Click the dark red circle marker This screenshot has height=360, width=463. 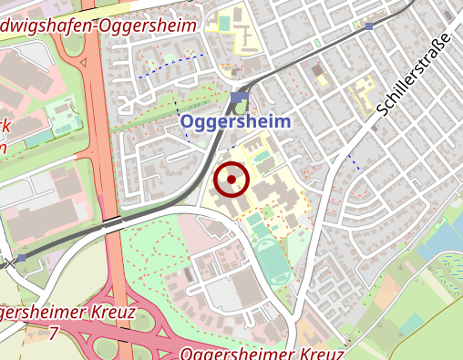pyautogui.click(x=231, y=180)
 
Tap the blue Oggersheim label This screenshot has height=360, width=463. pyautogui.click(x=235, y=121)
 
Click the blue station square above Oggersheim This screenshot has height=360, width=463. pyautogui.click(x=239, y=98)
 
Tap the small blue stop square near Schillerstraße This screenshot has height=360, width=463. pyautogui.click(x=368, y=27)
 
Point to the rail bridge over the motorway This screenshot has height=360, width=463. pyautogui.click(x=112, y=221)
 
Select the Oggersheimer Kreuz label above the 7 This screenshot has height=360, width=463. pyautogui.click(x=68, y=313)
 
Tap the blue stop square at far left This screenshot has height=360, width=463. pyautogui.click(x=21, y=259)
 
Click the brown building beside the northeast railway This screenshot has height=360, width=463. pyautogui.click(x=317, y=69)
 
